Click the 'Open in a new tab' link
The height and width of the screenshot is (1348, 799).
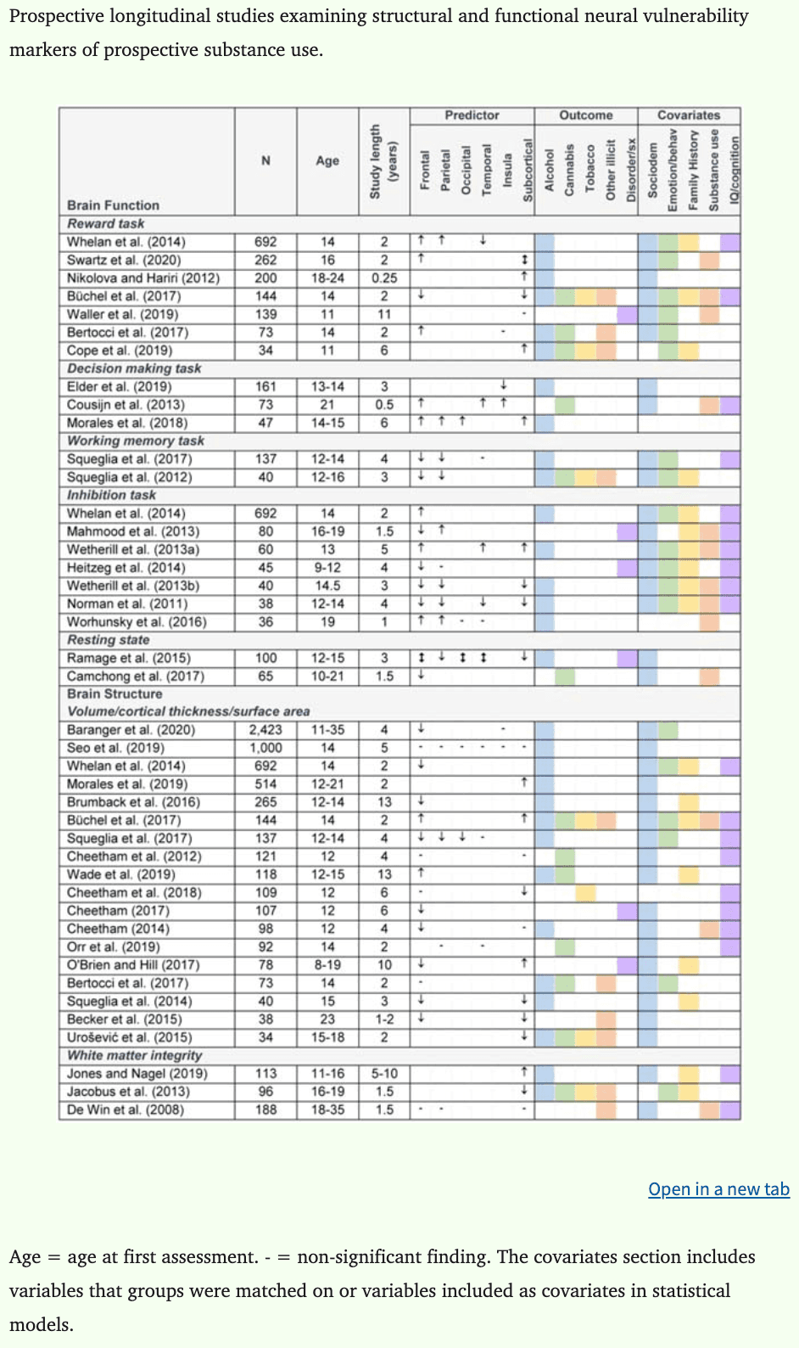[x=718, y=1189]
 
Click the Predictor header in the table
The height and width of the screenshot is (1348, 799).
[x=472, y=115]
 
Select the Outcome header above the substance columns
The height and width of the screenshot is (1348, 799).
[x=585, y=115]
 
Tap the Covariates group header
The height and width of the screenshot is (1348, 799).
[x=689, y=115]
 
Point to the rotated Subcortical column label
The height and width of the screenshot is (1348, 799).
[x=527, y=170]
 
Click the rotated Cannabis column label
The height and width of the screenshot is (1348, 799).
[x=569, y=170]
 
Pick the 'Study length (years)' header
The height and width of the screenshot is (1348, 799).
[x=383, y=161]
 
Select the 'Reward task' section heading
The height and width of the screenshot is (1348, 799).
[x=106, y=223]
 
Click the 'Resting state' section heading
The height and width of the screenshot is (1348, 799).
[x=109, y=640]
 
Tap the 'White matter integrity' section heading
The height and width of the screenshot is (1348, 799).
[x=135, y=1055]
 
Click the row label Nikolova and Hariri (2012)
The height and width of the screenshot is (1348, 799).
[x=143, y=278]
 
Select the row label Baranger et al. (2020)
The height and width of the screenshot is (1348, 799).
[x=131, y=730]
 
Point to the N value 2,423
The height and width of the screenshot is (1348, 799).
[x=265, y=730]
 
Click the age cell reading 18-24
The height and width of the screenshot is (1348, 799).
[x=327, y=278]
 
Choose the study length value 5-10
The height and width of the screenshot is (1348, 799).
[x=384, y=1074]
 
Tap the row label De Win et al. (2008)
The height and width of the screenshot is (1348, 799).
[x=126, y=1109]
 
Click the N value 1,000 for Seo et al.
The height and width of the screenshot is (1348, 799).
[x=265, y=748]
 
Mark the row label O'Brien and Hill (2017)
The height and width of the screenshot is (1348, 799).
[x=133, y=965]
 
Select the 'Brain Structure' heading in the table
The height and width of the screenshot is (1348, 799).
[x=115, y=694]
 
